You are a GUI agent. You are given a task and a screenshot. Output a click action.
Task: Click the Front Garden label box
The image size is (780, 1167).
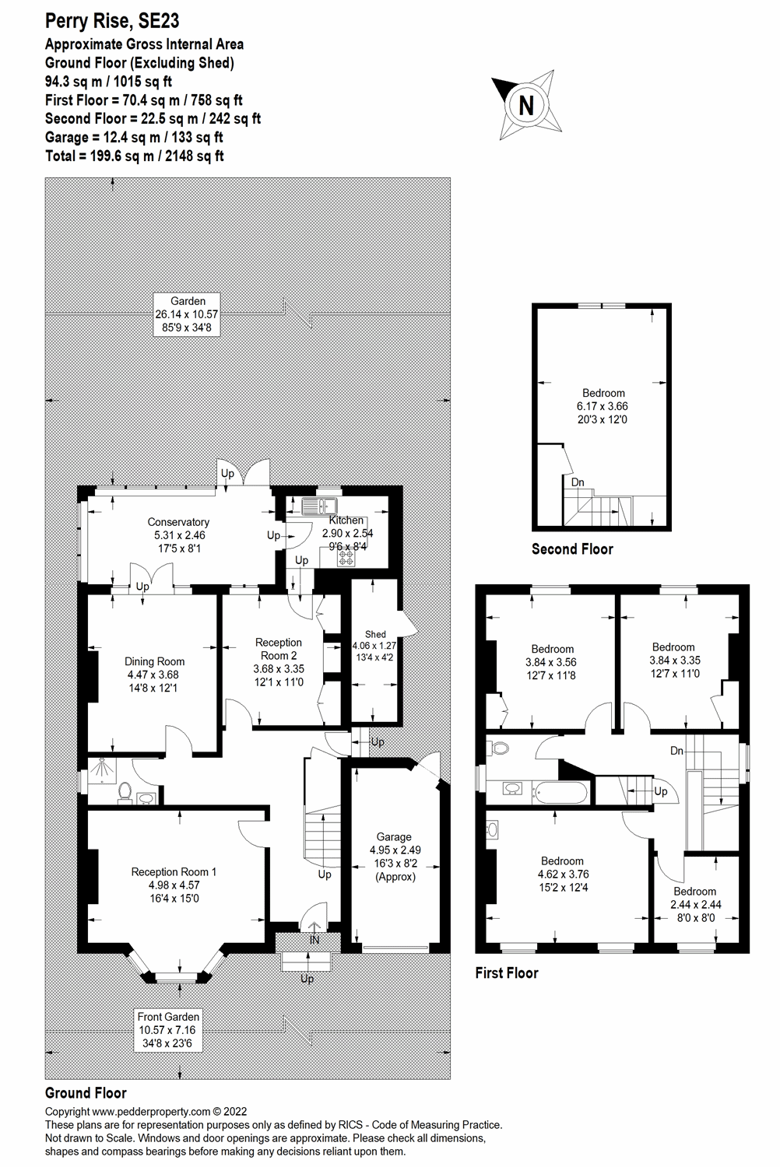[x=168, y=1029]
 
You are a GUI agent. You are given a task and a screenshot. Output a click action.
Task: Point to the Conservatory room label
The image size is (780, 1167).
[x=178, y=534]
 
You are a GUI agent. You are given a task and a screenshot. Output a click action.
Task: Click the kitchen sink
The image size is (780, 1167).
[x=318, y=506]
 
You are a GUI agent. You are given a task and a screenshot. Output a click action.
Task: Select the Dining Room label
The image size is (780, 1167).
[x=154, y=675]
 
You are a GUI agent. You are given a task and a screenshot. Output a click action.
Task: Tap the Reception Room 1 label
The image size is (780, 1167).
[x=174, y=885]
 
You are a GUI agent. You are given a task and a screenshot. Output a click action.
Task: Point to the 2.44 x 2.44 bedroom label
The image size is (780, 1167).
[x=694, y=904]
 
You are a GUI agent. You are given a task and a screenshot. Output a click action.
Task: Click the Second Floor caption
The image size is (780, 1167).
[x=572, y=549]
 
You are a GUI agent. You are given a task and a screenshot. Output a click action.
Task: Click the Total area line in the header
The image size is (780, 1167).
[x=135, y=156]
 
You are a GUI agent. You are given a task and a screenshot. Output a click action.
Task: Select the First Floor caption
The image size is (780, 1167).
[x=507, y=972]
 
